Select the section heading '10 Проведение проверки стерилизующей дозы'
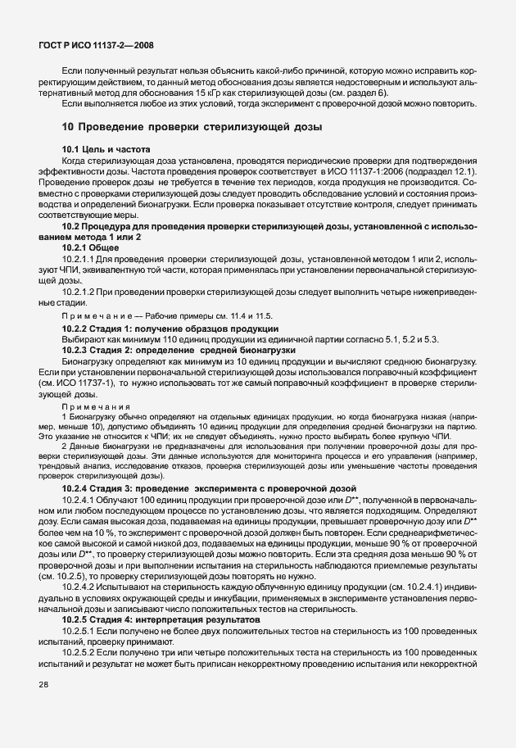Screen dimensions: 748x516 (192, 127)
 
